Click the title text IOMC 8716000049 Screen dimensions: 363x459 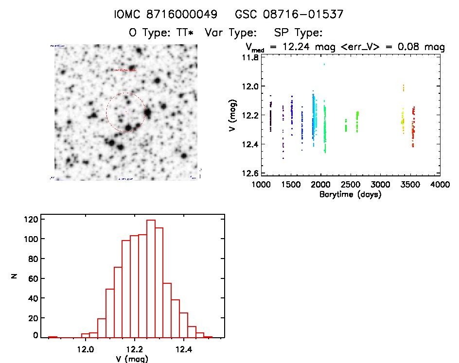tap(165, 15)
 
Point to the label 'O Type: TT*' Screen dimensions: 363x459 tap(161, 33)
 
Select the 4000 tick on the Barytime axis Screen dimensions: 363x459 tap(440, 185)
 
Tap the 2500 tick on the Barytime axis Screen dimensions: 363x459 tap(350, 185)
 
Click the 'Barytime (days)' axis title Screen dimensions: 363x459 tap(351, 194)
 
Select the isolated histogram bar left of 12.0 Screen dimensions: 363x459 tap(53, 337)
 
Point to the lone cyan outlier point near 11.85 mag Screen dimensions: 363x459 tap(324, 64)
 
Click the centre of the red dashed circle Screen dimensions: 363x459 tap(125, 112)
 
